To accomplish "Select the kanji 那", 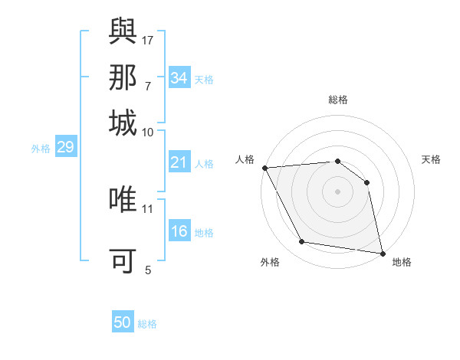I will click(x=123, y=79).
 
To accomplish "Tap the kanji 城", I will click(x=123, y=123).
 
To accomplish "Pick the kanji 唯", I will click(x=123, y=199).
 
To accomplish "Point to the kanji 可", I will click(x=123, y=260).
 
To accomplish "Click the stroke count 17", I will click(x=149, y=39).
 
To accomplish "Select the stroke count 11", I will click(x=148, y=208).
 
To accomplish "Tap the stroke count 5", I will click(x=148, y=269).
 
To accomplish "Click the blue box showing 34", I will click(x=179, y=78).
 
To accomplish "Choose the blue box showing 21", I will click(x=179, y=162).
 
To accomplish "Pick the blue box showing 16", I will click(x=179, y=231).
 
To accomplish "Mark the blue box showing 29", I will click(x=65, y=147).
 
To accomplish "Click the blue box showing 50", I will click(x=122, y=322).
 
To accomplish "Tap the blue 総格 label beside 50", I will click(x=147, y=324).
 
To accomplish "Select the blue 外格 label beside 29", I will click(x=41, y=149).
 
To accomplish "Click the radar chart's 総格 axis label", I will click(x=337, y=100).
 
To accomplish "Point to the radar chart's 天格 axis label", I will click(x=432, y=159).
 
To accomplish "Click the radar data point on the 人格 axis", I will click(x=264, y=168).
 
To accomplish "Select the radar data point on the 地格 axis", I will click(x=382, y=253).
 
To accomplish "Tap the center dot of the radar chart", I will click(x=337, y=191).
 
